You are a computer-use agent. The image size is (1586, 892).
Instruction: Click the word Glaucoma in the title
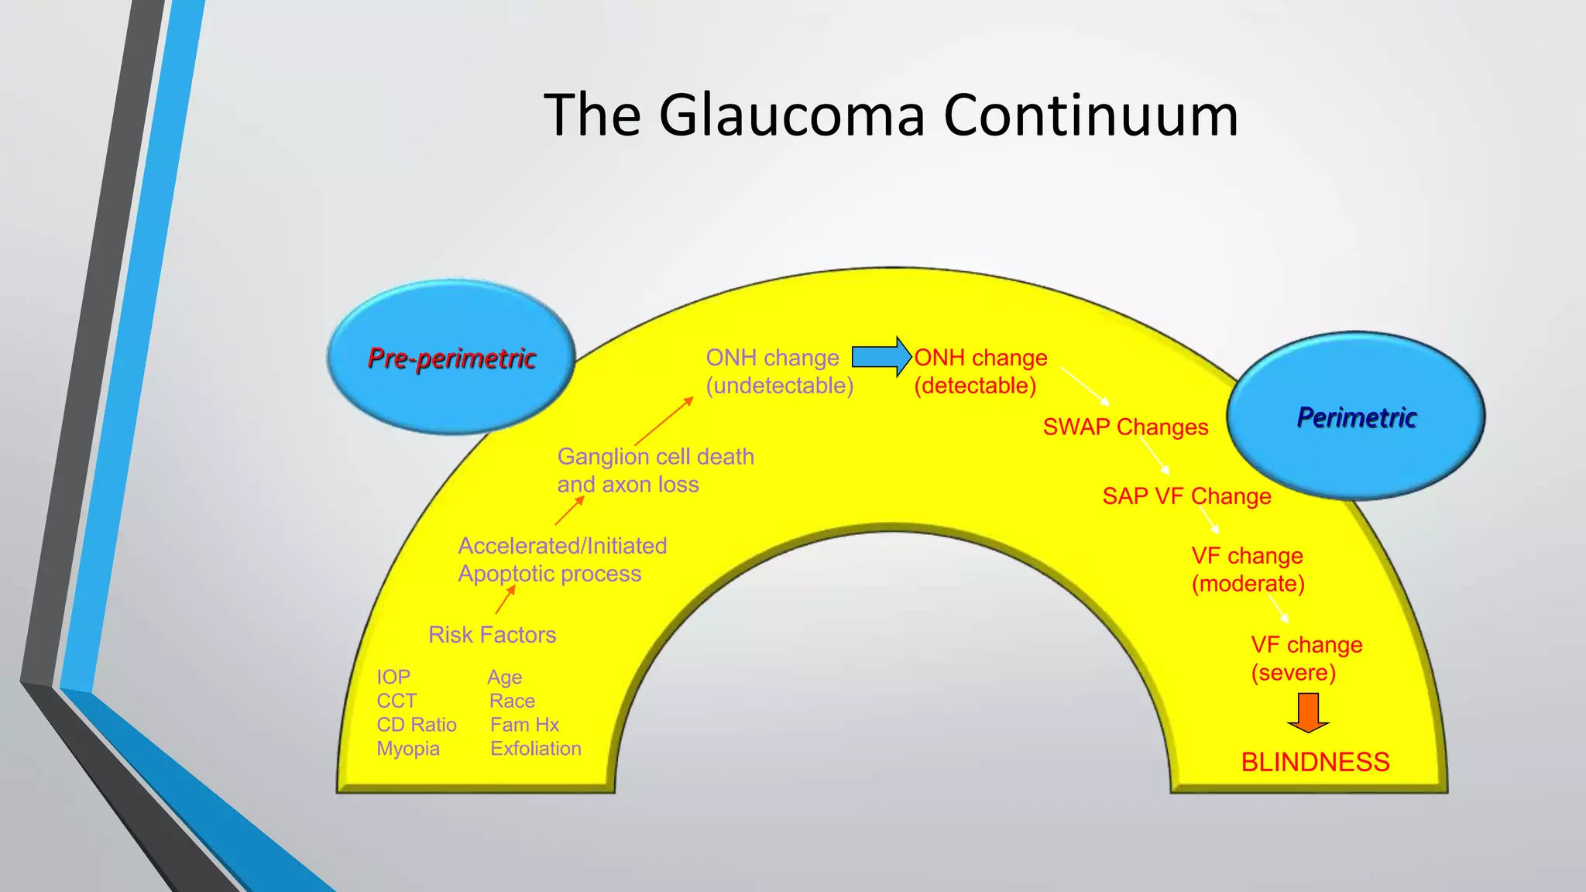click(x=791, y=115)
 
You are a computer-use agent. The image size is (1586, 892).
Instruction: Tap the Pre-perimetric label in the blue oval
click(x=451, y=358)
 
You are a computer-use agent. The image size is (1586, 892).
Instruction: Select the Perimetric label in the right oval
click(x=1357, y=417)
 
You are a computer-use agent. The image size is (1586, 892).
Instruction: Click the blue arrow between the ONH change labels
click(x=881, y=357)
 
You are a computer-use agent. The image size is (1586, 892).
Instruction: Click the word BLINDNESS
click(x=1315, y=762)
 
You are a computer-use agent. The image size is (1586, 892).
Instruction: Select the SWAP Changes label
click(x=1125, y=427)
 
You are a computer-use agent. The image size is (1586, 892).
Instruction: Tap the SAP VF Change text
click(x=1186, y=496)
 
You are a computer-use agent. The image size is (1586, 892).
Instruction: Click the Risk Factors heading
click(x=492, y=635)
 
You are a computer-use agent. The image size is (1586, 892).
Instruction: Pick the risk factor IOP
click(x=393, y=678)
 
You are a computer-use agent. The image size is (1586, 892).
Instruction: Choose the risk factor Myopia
click(x=408, y=749)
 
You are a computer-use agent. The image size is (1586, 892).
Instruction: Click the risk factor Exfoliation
click(x=535, y=749)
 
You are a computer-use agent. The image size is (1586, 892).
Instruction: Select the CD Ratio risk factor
click(x=417, y=725)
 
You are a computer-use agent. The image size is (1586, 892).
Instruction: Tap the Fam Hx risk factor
click(x=524, y=725)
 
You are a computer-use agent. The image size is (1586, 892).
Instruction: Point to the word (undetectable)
click(x=779, y=386)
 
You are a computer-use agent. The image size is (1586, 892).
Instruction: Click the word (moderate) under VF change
click(x=1248, y=584)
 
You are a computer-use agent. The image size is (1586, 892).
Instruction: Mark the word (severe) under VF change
click(x=1293, y=672)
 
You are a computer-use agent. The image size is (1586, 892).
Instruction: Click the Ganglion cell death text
click(x=655, y=457)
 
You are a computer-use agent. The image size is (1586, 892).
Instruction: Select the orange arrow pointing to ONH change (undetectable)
click(x=664, y=421)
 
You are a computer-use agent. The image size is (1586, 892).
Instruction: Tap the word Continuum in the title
click(x=1090, y=115)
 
